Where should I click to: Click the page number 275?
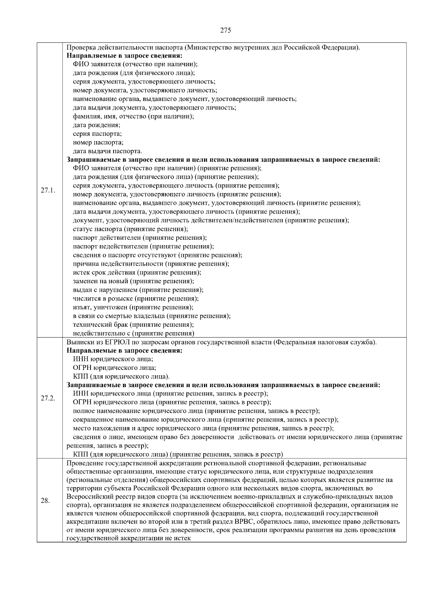tap(225, 30)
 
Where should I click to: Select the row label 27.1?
tap(48, 190)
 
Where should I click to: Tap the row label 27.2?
tap(48, 398)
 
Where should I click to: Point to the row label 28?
tap(45, 500)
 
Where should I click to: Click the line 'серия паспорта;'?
tap(97, 134)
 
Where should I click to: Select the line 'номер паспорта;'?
tap(98, 142)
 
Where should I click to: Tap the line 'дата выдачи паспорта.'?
tap(107, 151)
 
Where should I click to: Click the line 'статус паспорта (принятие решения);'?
tap(130, 229)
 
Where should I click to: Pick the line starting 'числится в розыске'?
tap(136, 298)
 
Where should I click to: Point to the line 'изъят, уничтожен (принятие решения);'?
tap(133, 307)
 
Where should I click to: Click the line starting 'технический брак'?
tap(133, 325)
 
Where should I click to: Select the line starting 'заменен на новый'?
tap(133, 281)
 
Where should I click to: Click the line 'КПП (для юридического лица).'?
tap(121, 376)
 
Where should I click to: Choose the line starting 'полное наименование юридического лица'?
tap(196, 411)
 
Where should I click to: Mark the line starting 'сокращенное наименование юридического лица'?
tap(205, 419)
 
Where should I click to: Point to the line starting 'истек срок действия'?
tap(137, 272)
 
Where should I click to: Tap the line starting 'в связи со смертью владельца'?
tap(152, 316)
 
